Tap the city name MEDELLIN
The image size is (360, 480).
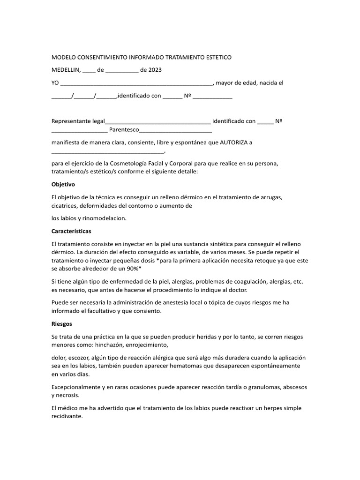pos(66,70)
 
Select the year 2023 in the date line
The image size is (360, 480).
pos(155,70)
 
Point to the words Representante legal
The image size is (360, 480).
pos(78,121)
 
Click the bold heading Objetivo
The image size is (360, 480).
pos(63,184)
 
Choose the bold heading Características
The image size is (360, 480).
pos(71,232)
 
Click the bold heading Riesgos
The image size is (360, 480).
pos(61,323)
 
